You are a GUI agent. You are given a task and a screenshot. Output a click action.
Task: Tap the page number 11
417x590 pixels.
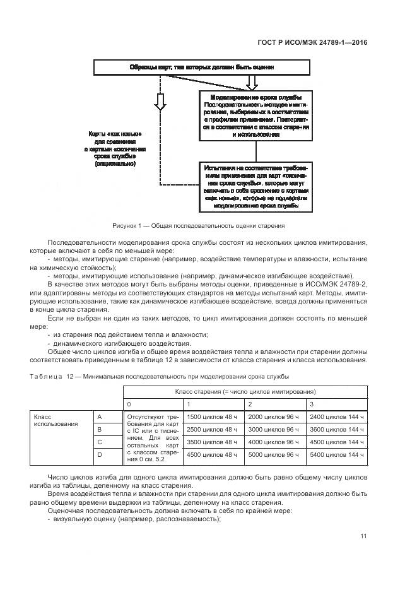click(x=363, y=536)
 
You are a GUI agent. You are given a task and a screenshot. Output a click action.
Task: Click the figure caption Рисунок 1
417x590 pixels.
click(x=198, y=225)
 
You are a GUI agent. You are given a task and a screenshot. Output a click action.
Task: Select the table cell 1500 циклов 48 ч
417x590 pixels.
click(x=213, y=417)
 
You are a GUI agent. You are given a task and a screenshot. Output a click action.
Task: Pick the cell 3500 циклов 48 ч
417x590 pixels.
click(x=213, y=442)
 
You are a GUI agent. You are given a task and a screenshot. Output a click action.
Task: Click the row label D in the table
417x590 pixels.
click(x=99, y=454)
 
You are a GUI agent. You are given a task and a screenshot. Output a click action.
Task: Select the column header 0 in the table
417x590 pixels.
click(x=130, y=404)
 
